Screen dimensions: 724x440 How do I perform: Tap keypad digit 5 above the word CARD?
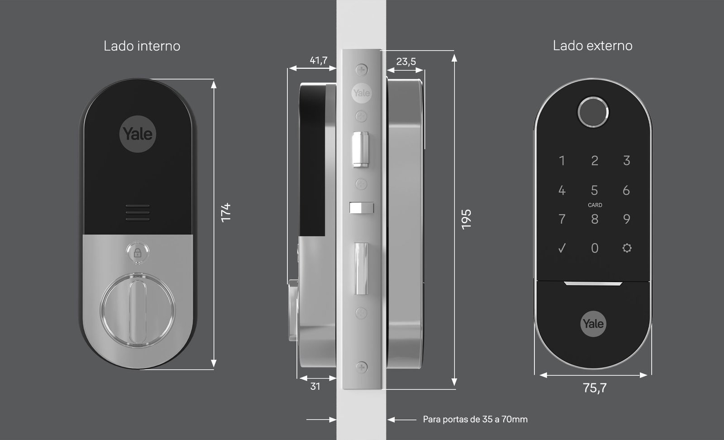[595, 191]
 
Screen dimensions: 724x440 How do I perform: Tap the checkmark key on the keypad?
[562, 248]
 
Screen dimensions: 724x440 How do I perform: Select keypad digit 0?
[595, 248]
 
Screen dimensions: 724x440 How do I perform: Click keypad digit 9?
[626, 219]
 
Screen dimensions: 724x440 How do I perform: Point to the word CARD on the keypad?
[595, 205]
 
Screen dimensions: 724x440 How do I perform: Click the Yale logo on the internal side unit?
[138, 134]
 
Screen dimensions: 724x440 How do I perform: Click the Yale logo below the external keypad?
[593, 324]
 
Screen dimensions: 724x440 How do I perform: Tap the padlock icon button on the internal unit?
[138, 253]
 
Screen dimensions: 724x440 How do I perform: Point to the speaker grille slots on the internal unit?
[138, 212]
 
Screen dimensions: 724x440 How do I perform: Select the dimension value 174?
[226, 212]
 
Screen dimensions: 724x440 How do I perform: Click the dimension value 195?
[466, 220]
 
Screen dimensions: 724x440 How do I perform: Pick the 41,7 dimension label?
[319, 60]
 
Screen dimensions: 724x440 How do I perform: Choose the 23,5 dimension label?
[406, 62]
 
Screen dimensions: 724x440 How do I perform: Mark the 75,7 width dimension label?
[595, 387]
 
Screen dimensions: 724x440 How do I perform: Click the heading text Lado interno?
[142, 46]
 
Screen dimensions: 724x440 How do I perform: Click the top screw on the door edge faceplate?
[362, 70]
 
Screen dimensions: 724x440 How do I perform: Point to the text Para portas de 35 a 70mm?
[475, 419]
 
